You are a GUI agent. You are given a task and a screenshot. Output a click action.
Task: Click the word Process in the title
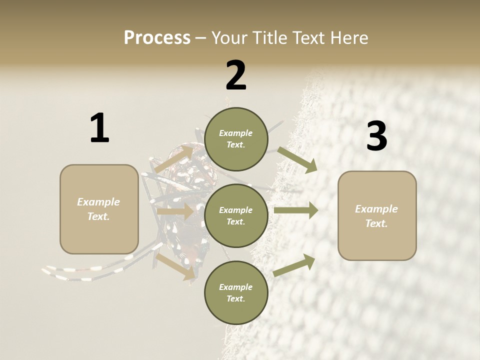pyautogui.click(x=157, y=37)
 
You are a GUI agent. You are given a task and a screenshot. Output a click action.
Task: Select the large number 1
pyautogui.click(x=99, y=128)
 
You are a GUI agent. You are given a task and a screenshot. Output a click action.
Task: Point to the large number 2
pyautogui.click(x=236, y=75)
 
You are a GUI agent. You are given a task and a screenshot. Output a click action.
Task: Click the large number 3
pyautogui.click(x=376, y=136)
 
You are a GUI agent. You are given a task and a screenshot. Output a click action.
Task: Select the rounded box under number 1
pyautogui.click(x=99, y=209)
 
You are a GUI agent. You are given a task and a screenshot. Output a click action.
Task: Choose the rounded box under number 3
pyautogui.click(x=377, y=216)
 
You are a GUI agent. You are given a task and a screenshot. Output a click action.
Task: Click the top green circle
pyautogui.click(x=236, y=139)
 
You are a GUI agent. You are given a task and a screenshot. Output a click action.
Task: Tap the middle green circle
pyautogui.click(x=236, y=216)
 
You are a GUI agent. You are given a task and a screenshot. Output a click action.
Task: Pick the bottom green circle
pyautogui.click(x=236, y=293)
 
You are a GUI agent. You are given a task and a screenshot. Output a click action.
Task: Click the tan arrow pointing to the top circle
pyautogui.click(x=174, y=159)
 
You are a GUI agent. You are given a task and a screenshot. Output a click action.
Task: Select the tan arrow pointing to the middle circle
pyautogui.click(x=175, y=212)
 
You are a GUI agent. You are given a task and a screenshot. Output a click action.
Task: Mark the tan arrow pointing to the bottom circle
pyautogui.click(x=175, y=266)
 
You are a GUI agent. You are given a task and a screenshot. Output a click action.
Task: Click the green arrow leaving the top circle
pyautogui.click(x=297, y=159)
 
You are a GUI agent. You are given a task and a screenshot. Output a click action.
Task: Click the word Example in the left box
pyautogui.click(x=98, y=202)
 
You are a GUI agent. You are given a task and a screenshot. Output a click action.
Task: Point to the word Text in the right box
pyautogui.click(x=376, y=223)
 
